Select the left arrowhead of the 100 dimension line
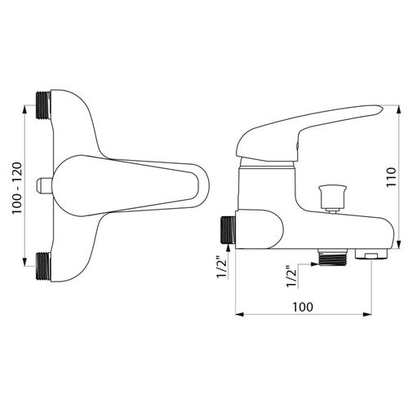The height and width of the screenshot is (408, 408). [x=238, y=314]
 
